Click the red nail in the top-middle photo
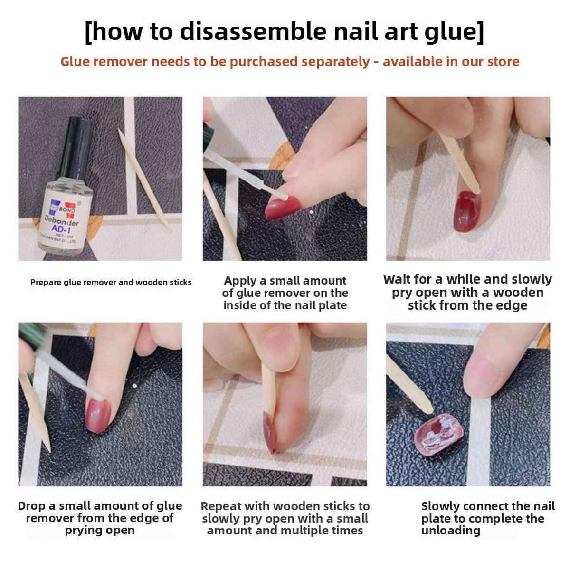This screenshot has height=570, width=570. [282, 207]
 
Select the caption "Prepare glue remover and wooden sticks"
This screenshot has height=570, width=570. [111, 282]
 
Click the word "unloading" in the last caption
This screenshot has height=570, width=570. [450, 531]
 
